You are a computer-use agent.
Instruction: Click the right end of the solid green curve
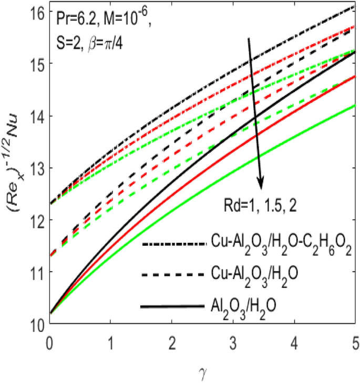tap(355, 106)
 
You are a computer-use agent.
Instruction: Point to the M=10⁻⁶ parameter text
tap(129, 23)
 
